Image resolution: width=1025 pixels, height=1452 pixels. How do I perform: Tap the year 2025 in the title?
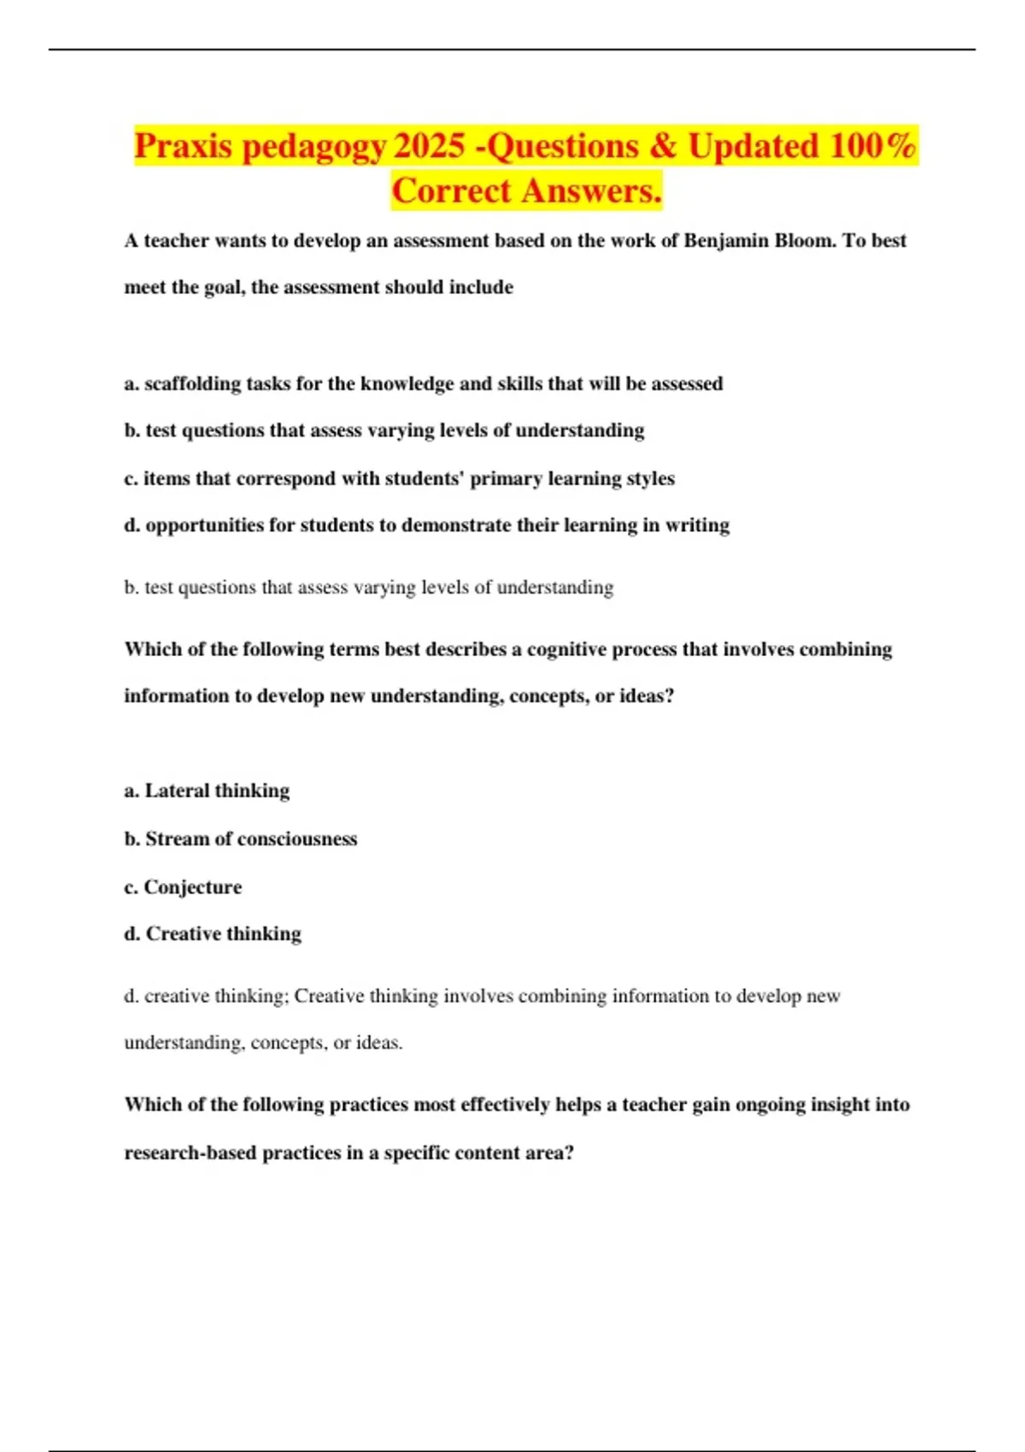[430, 146]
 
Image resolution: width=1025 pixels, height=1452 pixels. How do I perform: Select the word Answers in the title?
[590, 190]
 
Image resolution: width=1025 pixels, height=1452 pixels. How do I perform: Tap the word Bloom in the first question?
[805, 241]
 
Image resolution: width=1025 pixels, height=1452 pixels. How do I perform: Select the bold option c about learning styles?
[399, 478]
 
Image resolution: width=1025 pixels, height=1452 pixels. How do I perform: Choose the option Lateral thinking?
[207, 791]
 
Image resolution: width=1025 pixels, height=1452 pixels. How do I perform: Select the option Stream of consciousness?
[240, 839]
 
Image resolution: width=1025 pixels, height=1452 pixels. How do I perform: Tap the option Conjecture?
[183, 887]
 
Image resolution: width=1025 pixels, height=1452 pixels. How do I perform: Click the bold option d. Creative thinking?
[213, 934]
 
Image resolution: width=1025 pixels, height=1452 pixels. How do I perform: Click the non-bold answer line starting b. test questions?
[368, 588]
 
